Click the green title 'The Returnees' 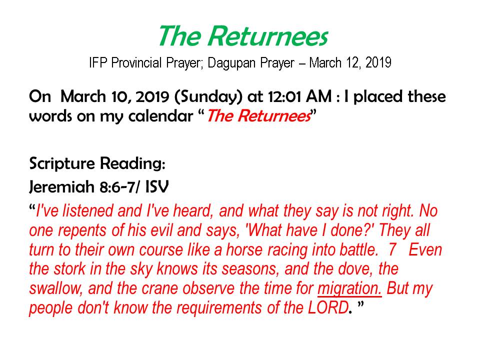pos(243,36)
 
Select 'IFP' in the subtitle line pos(98,63)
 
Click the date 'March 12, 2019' pos(350,63)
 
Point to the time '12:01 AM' pos(299,96)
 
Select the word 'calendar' pos(160,116)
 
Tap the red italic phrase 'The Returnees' pos(259,116)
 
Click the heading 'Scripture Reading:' pos(97,163)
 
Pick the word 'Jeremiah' pos(61,186)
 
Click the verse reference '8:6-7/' pos(120,187)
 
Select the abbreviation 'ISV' pos(156,186)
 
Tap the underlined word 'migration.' pos(349,288)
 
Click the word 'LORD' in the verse pos(328,307)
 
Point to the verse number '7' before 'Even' pos(392,250)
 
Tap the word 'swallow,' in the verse pos(55,288)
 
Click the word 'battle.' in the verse pos(359,250)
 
